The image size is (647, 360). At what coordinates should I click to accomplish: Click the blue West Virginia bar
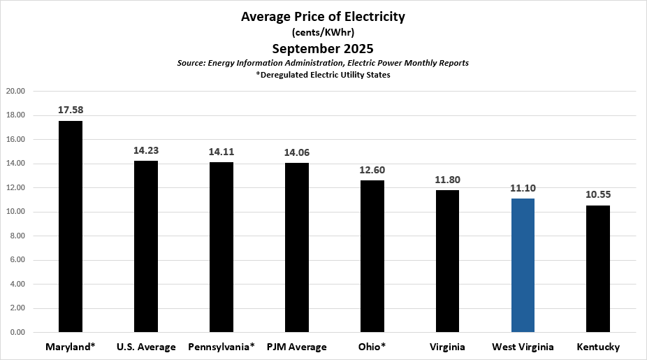523,266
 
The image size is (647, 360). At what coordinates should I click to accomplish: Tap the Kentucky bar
598,269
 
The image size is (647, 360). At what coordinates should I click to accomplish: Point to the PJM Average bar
297,247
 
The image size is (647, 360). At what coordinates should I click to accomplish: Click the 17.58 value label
71,110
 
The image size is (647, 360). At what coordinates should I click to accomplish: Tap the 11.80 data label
447,180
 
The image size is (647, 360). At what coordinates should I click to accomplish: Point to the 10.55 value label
598,194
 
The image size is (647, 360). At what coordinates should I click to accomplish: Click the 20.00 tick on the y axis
15,91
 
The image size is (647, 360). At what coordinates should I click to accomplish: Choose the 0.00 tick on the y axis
17,333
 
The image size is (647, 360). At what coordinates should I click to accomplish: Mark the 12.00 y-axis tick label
15,188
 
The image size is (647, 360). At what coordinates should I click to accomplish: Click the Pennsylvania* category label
221,347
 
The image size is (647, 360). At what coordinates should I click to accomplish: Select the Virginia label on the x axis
447,347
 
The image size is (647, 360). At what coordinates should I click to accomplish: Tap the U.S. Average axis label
146,347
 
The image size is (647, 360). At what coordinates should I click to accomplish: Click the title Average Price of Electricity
323,17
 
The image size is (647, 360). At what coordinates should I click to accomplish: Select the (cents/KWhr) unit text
323,32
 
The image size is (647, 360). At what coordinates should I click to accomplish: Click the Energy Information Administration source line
323,63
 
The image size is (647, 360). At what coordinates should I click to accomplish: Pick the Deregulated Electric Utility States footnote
323,75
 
